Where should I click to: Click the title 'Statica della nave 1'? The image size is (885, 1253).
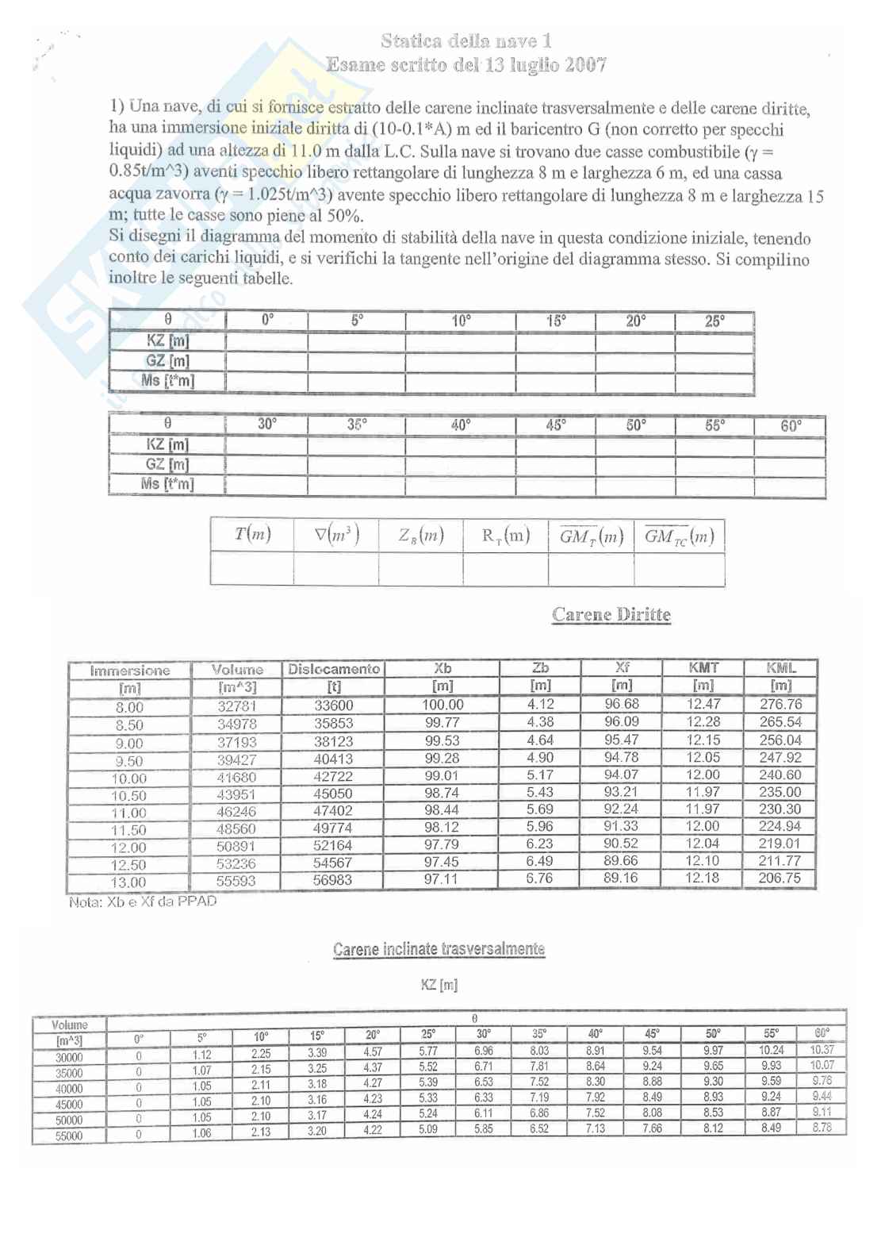pyautogui.click(x=466, y=40)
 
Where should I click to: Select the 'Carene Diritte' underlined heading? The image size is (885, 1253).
pyautogui.click(x=611, y=615)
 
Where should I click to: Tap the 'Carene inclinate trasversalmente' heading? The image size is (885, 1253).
pyautogui.click(x=439, y=949)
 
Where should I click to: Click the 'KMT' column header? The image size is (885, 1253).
pyautogui.click(x=703, y=668)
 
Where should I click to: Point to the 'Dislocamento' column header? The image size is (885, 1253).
pyautogui.click(x=334, y=669)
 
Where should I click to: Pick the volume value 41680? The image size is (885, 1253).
pyautogui.click(x=237, y=778)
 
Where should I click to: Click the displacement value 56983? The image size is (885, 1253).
pyautogui.click(x=333, y=880)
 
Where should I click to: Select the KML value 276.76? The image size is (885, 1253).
pyautogui.click(x=780, y=704)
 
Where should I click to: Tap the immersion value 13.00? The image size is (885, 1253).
pyautogui.click(x=128, y=882)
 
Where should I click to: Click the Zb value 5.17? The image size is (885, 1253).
pyautogui.click(x=540, y=774)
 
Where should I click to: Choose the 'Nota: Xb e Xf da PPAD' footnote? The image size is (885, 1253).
pyautogui.click(x=143, y=901)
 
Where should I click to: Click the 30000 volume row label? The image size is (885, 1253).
pyautogui.click(x=69, y=1057)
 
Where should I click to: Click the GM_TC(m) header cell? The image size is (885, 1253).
pyautogui.click(x=679, y=536)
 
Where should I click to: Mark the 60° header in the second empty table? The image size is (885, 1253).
pyautogui.click(x=791, y=425)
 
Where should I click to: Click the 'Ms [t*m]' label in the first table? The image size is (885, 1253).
pyautogui.click(x=167, y=381)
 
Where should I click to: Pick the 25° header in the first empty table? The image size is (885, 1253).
pyautogui.click(x=715, y=321)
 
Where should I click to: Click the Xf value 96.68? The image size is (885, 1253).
pyautogui.click(x=622, y=704)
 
